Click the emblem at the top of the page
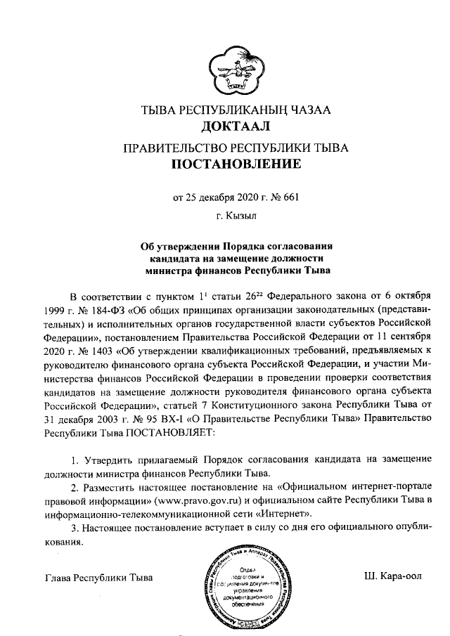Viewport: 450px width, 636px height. [x=235, y=68]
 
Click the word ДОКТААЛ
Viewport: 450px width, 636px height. [x=235, y=126]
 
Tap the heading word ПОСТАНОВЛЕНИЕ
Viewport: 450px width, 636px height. [x=235, y=165]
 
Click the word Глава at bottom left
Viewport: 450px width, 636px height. [x=60, y=578]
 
